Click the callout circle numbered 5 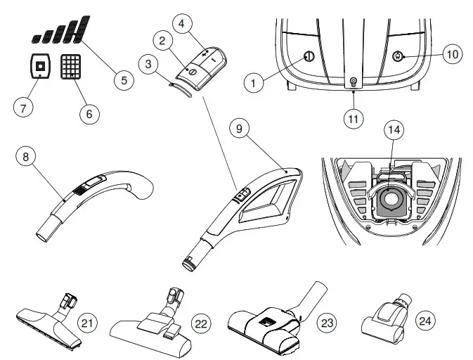coord(123,79)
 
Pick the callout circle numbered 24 coord(425,321)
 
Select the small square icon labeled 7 coord(39,67)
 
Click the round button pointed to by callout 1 coord(307,57)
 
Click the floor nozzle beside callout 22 coord(152,331)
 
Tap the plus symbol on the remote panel coord(205,53)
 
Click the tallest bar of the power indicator coord(83,27)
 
